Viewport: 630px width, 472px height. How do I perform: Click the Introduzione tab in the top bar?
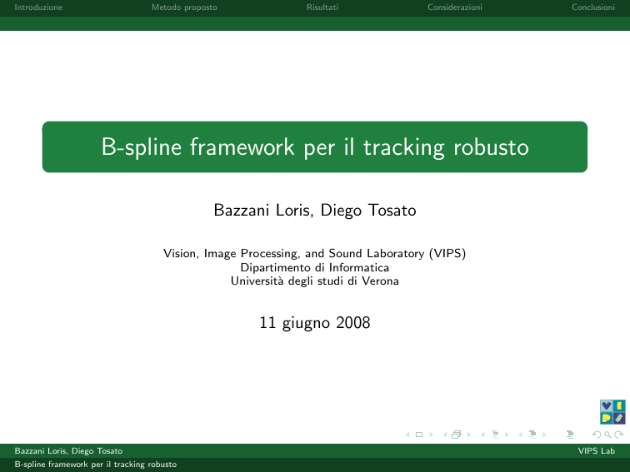38,7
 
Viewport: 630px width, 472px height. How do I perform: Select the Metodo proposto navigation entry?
184,7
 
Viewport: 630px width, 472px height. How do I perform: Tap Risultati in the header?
322,7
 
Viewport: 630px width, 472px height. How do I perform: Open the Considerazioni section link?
455,7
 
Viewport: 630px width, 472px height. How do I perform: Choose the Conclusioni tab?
593,7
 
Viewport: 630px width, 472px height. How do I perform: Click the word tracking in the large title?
404,147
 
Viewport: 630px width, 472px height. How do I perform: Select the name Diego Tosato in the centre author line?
368,211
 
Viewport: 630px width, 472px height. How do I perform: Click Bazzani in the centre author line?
241,211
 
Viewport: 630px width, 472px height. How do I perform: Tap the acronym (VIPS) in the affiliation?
447,254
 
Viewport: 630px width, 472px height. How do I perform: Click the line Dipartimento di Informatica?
315,267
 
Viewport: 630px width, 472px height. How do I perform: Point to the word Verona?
380,281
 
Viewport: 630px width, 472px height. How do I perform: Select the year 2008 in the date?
352,323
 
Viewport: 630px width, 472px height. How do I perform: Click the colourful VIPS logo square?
612,412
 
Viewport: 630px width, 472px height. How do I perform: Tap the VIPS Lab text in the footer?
597,450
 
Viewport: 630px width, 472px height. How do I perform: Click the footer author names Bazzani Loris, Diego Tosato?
68,450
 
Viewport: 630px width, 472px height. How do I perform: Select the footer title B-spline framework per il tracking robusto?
96,465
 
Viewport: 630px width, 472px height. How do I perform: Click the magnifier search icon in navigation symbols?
607,435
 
